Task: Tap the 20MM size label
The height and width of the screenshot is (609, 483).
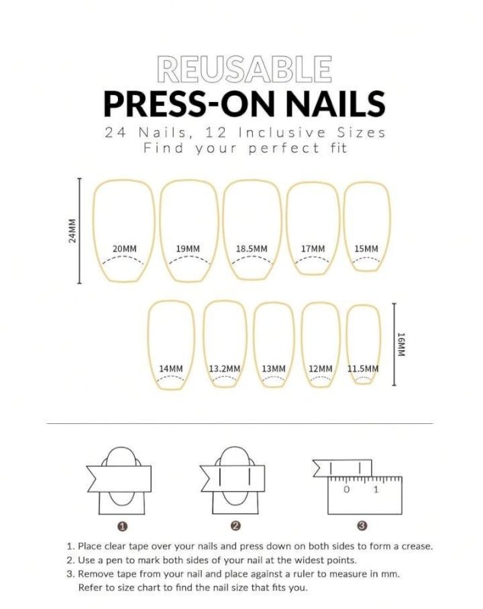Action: tap(123, 249)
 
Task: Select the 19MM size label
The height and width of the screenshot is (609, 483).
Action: tap(187, 249)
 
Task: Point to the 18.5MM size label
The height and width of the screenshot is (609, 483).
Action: tap(251, 249)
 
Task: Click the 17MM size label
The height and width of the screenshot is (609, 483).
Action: tap(312, 249)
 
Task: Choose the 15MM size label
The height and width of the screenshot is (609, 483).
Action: tap(366, 249)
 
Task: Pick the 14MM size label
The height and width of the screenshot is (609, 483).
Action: tap(171, 369)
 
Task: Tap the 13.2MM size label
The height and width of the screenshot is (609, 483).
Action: tap(225, 369)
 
